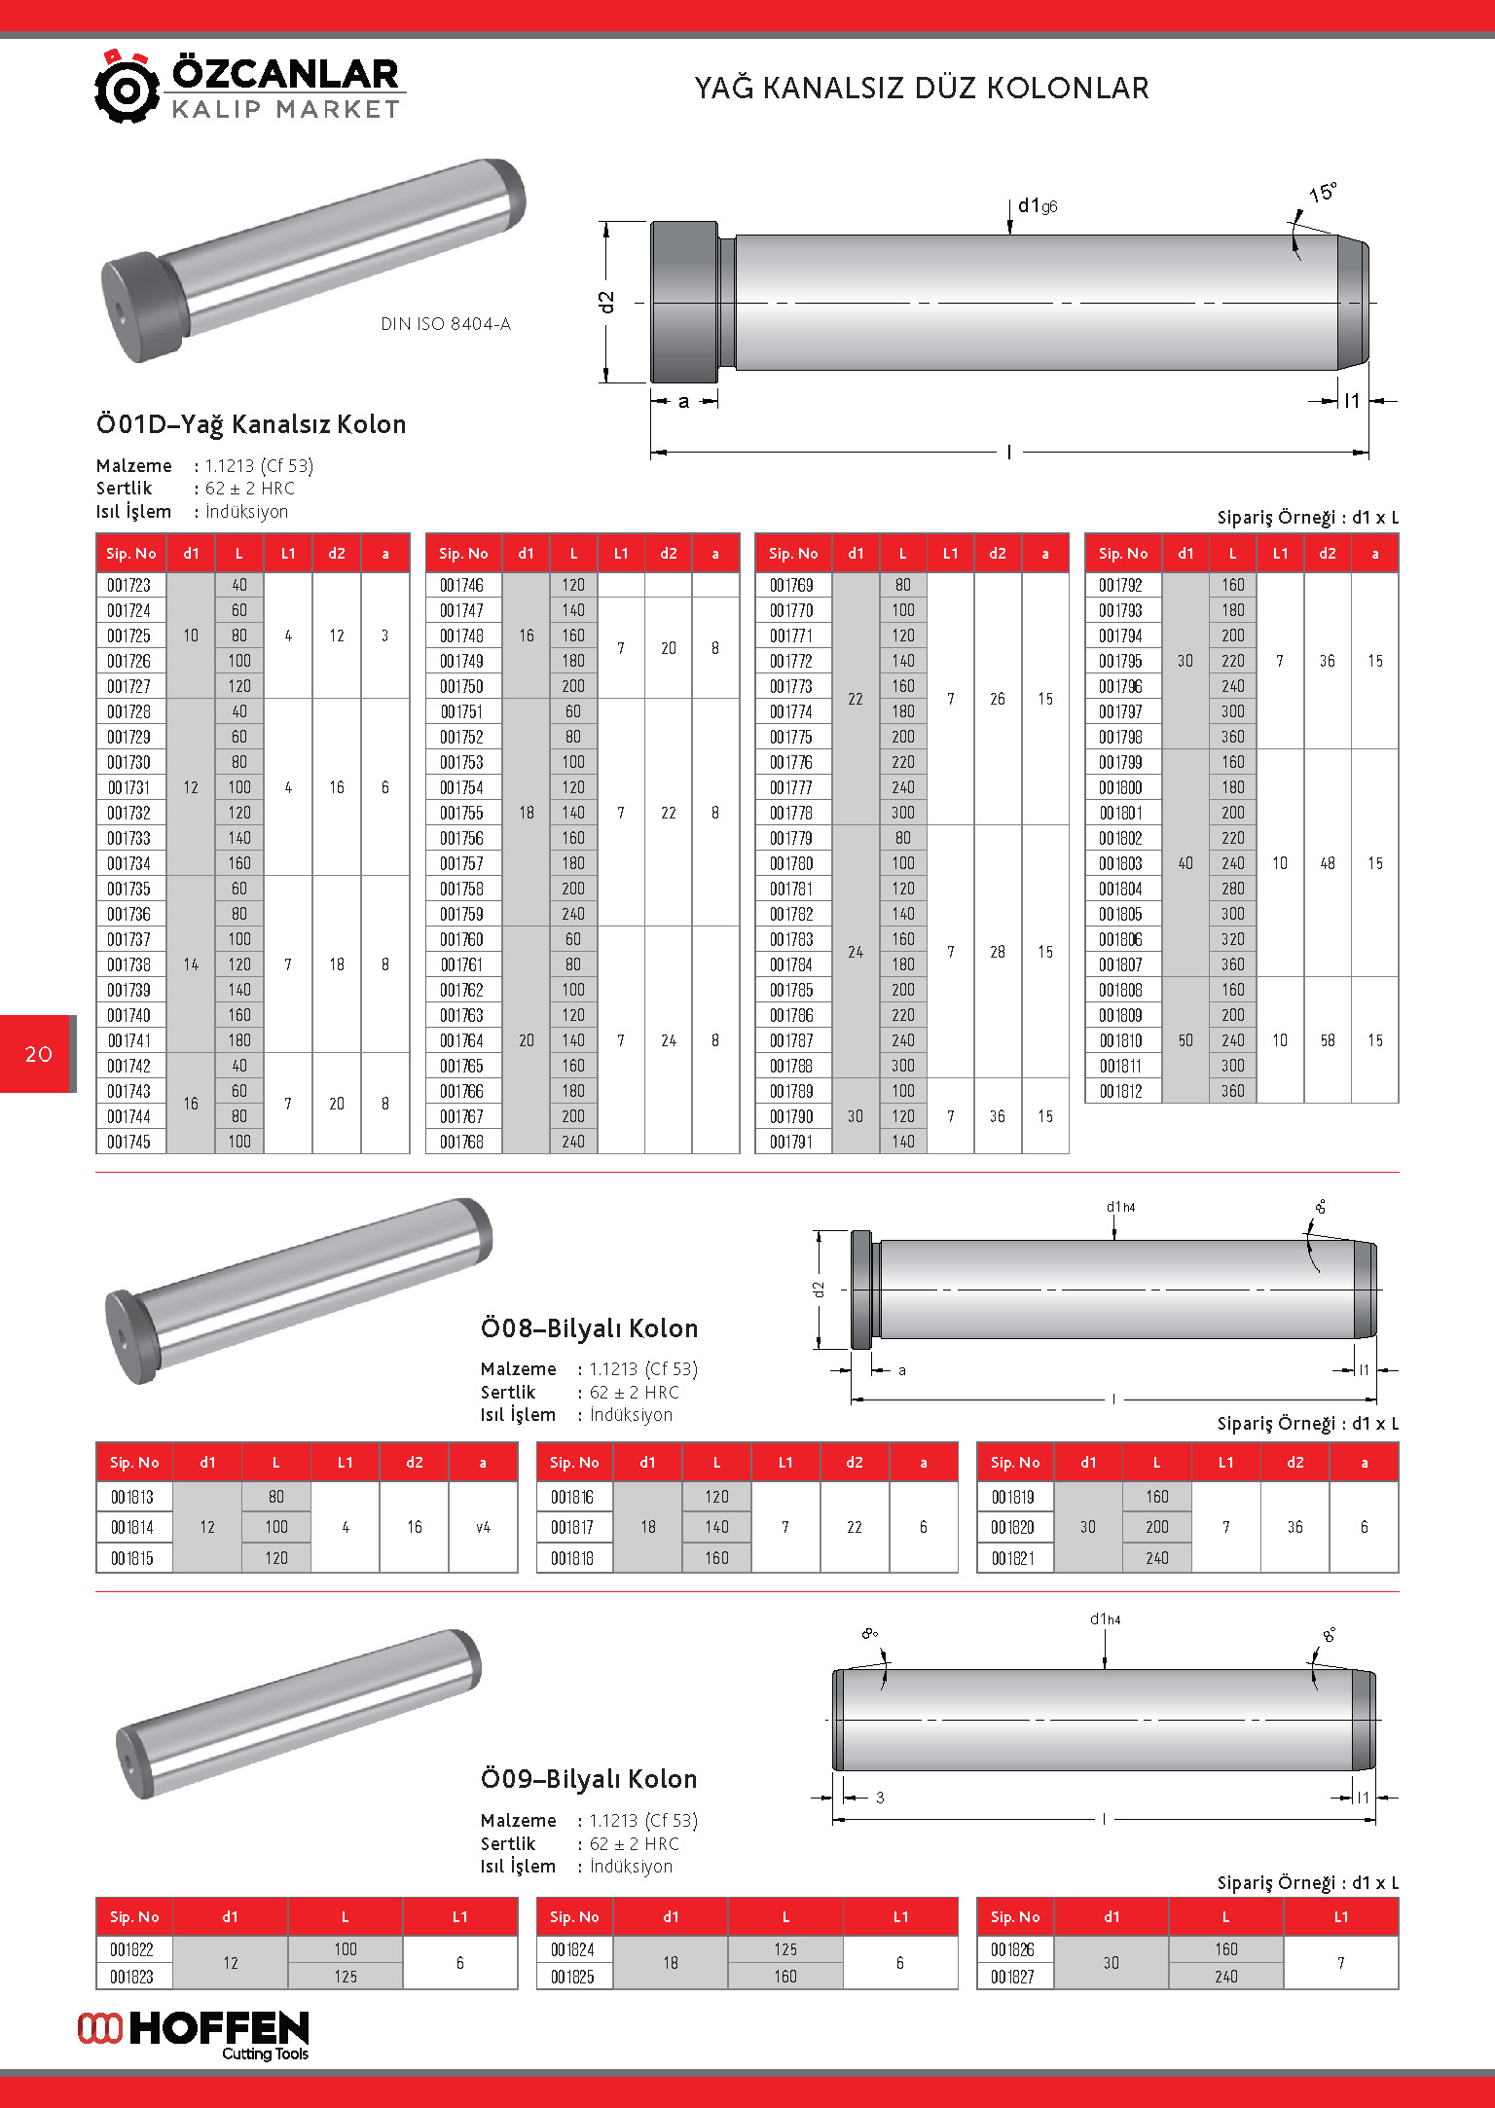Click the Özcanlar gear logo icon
126,88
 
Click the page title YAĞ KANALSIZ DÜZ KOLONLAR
921,89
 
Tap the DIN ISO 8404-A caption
445,324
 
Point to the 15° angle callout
1322,193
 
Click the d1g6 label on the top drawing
1037,206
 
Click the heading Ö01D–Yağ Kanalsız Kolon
251,424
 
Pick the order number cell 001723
129,585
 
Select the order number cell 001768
461,1142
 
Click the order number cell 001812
1120,1091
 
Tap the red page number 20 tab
38,1054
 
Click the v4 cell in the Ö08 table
483,1527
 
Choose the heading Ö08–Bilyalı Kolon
589,1328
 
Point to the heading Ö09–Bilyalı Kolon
589,1779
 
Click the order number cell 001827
1012,1977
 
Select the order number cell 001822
131,1949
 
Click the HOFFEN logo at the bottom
195,2034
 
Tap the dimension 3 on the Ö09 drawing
880,1798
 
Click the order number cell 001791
791,1142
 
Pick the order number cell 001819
1012,1497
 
